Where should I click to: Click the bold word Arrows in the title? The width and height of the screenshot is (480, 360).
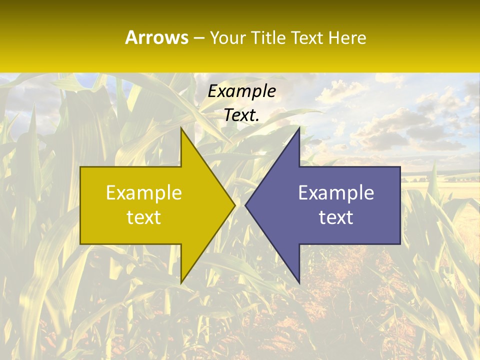coord(157,37)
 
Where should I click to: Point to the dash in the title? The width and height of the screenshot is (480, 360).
coord(198,38)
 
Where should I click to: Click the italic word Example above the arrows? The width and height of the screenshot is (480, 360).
coord(241,91)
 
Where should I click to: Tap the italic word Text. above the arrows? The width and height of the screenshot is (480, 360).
coord(241,115)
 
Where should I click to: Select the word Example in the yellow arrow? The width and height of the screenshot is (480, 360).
coord(143,192)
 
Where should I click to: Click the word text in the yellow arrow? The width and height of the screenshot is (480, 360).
coord(143,217)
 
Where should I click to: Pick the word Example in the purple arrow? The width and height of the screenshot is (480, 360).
coord(336,192)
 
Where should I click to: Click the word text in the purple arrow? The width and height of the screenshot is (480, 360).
coord(336,217)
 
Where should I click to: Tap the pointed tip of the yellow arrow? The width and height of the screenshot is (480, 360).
coord(234,205)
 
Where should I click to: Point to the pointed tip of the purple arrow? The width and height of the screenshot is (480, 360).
coord(246,205)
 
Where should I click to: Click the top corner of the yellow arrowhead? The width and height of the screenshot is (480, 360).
coord(181,128)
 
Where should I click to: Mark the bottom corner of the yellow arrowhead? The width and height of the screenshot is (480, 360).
coord(181,282)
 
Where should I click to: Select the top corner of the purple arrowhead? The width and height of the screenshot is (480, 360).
coord(299,128)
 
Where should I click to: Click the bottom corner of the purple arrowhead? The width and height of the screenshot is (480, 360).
coord(299,282)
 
